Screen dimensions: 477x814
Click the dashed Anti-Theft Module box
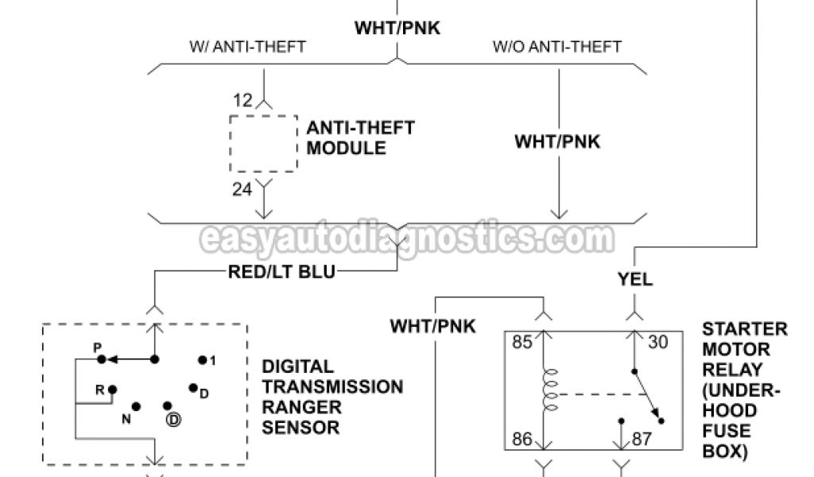point(265,143)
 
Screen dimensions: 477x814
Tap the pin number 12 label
point(243,101)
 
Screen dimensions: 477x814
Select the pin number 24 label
point(243,189)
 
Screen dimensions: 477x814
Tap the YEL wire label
point(635,279)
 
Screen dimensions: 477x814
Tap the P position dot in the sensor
point(102,359)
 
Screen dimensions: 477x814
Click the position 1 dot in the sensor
point(203,360)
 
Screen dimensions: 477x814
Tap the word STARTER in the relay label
point(745,329)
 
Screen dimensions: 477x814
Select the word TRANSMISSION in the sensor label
point(332,387)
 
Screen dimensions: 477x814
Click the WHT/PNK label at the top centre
point(397,29)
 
